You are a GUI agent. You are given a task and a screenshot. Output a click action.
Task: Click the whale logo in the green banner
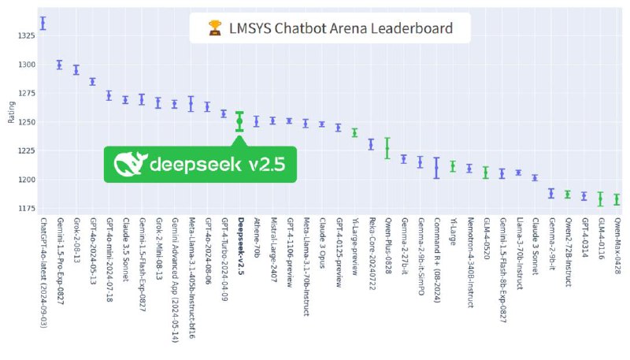[x=130, y=164]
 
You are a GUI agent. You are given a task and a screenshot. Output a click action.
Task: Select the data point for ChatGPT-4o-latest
[x=43, y=23]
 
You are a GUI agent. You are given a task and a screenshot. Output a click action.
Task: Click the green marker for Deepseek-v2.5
[x=239, y=121]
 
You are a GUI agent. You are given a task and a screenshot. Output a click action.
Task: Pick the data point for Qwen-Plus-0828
[x=387, y=147]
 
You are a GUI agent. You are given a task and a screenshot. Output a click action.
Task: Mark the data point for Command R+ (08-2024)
[x=436, y=166]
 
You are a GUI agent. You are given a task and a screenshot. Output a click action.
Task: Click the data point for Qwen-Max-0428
[x=617, y=199]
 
